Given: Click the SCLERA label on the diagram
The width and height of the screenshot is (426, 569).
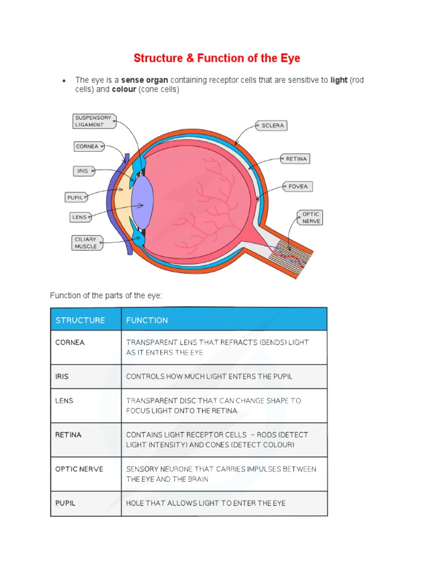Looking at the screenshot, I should pos(272,126).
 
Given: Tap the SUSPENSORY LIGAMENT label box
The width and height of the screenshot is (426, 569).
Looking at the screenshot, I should pos(94,121).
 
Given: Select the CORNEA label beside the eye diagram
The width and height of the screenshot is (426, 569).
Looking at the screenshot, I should pos(88,147).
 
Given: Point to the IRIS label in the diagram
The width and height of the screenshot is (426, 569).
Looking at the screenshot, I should pos(83,171).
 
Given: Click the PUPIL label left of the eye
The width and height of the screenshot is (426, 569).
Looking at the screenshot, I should pos(75,197).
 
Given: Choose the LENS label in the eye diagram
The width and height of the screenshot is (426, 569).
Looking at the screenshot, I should pos(79,217).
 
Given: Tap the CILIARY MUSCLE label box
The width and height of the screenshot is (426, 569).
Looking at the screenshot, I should pos(87,243).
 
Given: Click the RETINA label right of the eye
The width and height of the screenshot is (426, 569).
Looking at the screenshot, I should pos(296,159).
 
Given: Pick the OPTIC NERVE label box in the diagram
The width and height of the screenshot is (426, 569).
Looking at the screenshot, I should pos(311,217).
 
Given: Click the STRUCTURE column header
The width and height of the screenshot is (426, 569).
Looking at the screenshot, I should pos(80,320).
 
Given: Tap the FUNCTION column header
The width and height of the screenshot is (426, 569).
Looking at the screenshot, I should pos(147,320).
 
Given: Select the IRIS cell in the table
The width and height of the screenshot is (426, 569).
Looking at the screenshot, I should pos(62,376).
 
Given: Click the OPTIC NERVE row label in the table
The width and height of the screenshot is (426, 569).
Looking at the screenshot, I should pos(79,469).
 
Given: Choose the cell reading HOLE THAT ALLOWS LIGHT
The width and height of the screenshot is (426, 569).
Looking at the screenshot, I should pos(206,503).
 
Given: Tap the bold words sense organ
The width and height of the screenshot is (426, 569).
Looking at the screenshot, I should pos(145,80).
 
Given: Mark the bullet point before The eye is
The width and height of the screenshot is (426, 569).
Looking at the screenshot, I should pos(64,81).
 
